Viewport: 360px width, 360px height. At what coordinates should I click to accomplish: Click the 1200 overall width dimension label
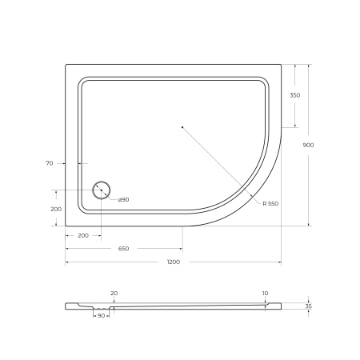click(x=174, y=262)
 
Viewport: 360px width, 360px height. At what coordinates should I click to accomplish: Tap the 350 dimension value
click(x=295, y=95)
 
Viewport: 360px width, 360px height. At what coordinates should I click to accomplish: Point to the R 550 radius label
click(x=270, y=204)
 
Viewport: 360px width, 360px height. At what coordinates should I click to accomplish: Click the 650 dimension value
click(x=124, y=249)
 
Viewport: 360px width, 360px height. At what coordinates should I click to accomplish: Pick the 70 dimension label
click(x=49, y=163)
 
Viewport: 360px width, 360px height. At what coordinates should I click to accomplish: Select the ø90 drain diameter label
click(x=124, y=199)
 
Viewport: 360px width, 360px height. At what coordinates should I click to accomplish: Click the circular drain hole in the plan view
click(x=102, y=190)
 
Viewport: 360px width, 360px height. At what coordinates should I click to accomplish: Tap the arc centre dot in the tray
click(x=182, y=127)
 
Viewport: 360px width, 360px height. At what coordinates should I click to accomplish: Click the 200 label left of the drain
click(x=55, y=209)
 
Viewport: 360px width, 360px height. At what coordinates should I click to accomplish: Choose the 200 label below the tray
click(x=83, y=236)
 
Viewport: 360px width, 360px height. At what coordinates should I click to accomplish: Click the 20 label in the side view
click(x=114, y=293)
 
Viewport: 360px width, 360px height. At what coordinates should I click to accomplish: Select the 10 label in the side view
click(x=265, y=293)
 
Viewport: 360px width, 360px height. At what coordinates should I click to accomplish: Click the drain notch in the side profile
click(x=101, y=307)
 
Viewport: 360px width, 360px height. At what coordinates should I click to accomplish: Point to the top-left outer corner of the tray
click(x=66, y=65)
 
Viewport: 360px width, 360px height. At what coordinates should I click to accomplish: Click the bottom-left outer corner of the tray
click(x=66, y=226)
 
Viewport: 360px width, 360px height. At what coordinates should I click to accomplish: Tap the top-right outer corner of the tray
click(x=282, y=65)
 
